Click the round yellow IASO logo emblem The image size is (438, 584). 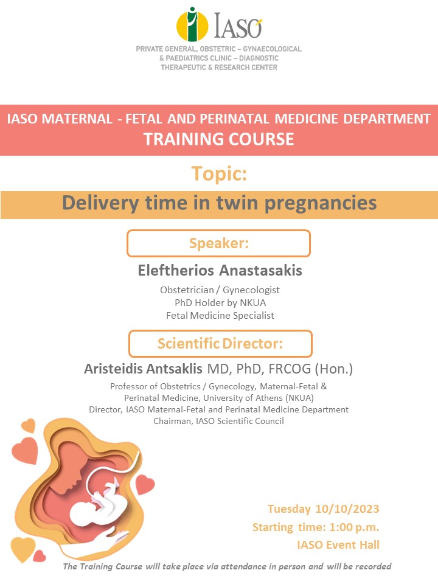(192, 24)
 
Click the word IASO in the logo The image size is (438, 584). (238, 26)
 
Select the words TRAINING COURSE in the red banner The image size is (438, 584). (219, 139)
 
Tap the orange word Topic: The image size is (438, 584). (219, 173)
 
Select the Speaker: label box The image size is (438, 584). (218, 243)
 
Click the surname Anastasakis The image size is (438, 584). (261, 270)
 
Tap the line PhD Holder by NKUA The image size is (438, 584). (220, 302)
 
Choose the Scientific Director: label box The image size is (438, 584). (220, 343)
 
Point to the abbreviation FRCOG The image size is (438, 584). (290, 369)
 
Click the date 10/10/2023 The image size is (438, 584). (347, 509)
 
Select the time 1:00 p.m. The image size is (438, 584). (354, 527)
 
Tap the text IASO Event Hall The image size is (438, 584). (338, 545)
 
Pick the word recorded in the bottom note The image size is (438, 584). (373, 566)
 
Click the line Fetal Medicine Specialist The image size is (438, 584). (220, 316)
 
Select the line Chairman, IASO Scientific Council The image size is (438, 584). (218, 421)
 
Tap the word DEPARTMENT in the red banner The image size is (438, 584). (387, 119)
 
